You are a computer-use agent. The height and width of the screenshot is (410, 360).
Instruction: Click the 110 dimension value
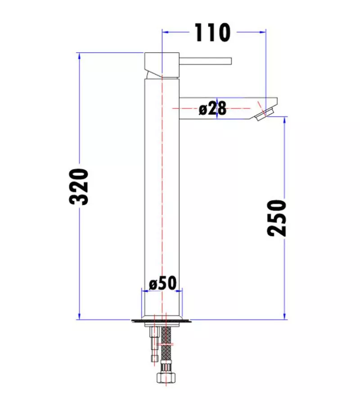212,32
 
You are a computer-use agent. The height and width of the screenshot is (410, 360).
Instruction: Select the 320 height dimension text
79,187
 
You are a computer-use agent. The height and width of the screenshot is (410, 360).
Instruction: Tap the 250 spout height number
277,218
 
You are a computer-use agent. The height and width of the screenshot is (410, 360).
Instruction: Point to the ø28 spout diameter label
212,108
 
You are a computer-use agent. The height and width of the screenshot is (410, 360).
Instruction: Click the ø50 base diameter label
162,283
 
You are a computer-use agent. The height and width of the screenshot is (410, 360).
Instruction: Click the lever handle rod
206,61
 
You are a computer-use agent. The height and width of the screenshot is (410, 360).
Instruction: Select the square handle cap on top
162,65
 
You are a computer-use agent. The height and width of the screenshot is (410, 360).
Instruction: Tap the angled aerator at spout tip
265,114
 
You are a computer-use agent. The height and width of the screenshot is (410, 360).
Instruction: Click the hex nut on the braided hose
166,377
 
